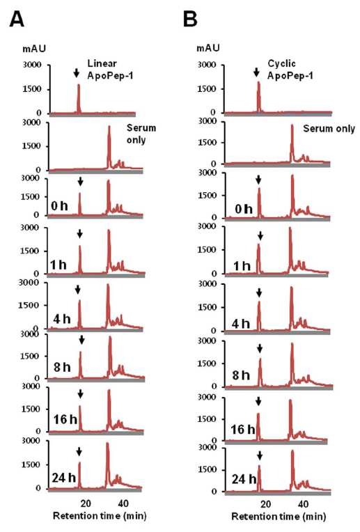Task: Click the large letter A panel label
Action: (x=17, y=19)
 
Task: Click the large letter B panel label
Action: (x=190, y=19)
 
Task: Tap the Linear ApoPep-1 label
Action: (x=110, y=69)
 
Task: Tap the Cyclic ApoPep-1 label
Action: (x=290, y=69)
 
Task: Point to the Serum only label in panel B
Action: (x=329, y=129)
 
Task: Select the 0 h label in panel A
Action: (x=59, y=205)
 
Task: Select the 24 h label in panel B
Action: (x=244, y=479)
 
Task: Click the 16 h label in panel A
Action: (x=65, y=419)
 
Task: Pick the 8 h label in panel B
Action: (x=240, y=375)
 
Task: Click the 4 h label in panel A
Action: (x=62, y=319)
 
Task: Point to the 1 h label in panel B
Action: (x=242, y=266)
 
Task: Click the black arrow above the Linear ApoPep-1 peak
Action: (x=77, y=72)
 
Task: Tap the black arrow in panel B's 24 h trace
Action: (x=260, y=455)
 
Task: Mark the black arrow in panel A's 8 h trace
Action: (x=81, y=340)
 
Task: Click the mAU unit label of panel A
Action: (x=34, y=49)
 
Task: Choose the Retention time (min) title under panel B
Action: (x=279, y=517)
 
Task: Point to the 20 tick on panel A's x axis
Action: (x=86, y=503)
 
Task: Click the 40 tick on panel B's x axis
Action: (x=303, y=504)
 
